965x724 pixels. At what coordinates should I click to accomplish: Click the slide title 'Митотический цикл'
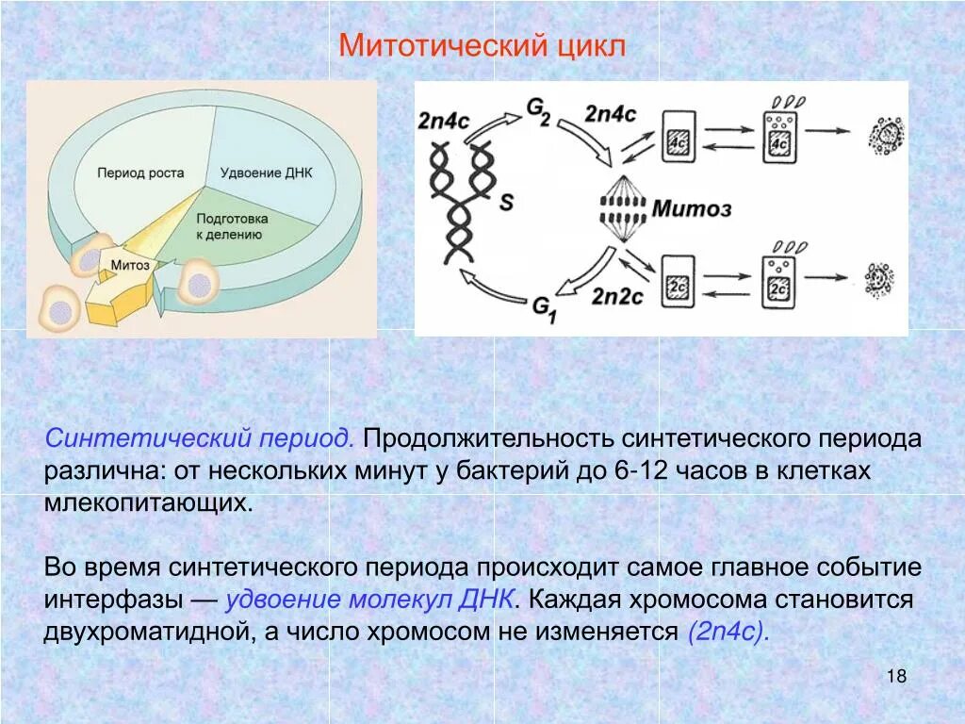click(x=482, y=45)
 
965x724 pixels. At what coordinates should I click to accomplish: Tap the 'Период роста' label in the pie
click(x=140, y=173)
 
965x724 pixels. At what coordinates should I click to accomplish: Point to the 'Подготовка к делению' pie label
click(x=232, y=226)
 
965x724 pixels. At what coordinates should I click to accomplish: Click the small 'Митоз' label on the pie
click(x=130, y=265)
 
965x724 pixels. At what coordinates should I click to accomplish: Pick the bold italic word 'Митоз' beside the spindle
click(x=692, y=208)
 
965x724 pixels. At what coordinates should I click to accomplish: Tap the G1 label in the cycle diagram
click(x=545, y=307)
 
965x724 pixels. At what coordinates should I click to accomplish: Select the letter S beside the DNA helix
click(x=506, y=202)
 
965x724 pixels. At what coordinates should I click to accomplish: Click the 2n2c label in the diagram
click(x=616, y=296)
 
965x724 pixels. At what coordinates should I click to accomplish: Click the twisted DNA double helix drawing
click(x=464, y=203)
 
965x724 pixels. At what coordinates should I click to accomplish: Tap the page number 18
click(x=896, y=677)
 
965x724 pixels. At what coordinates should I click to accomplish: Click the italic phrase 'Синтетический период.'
click(x=200, y=439)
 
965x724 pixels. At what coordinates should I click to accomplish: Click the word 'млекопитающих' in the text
click(x=148, y=502)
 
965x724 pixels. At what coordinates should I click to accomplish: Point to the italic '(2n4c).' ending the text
click(x=728, y=631)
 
